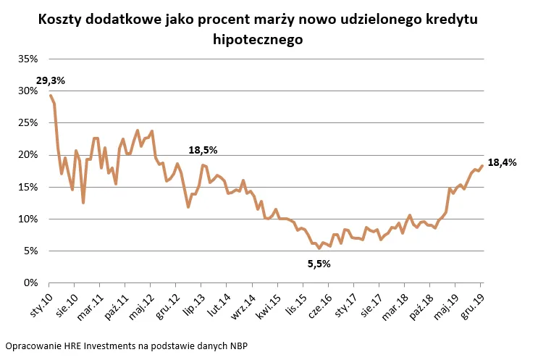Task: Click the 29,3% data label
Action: pyautogui.click(x=50, y=80)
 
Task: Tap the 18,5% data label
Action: pyautogui.click(x=203, y=150)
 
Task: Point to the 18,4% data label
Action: pyautogui.click(x=502, y=163)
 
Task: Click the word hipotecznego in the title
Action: pyautogui.click(x=257, y=41)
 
